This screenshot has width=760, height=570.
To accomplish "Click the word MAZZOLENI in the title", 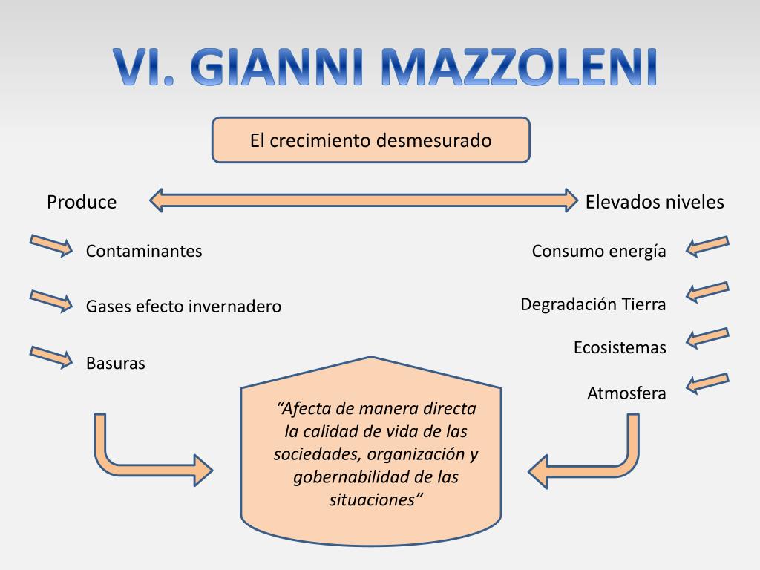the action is click(x=520, y=67).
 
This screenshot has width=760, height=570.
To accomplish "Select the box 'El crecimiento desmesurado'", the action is click(x=371, y=140).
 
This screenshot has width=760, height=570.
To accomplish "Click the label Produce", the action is click(x=82, y=202).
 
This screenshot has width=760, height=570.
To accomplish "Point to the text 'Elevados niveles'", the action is click(x=655, y=202).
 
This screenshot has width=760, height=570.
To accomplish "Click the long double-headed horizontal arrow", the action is click(x=364, y=200).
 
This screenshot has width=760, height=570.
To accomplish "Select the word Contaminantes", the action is click(x=144, y=251).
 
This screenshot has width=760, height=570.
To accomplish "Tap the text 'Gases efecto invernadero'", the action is click(x=183, y=306).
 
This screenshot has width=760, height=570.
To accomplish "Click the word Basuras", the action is click(x=116, y=364).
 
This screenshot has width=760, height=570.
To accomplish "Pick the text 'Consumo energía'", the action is click(x=599, y=251).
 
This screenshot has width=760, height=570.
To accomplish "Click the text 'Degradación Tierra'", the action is click(x=593, y=304).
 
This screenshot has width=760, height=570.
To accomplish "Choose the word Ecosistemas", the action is click(x=620, y=347).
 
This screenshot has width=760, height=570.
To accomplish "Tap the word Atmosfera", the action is click(x=626, y=393).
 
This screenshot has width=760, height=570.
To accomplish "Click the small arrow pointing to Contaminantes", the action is click(x=51, y=245).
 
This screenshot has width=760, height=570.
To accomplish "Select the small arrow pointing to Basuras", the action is click(x=51, y=356).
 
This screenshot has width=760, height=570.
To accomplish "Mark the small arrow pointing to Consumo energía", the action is click(x=707, y=246).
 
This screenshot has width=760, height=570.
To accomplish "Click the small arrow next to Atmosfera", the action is click(x=707, y=382).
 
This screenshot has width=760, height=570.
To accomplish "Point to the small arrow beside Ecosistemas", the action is click(x=707, y=338).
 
